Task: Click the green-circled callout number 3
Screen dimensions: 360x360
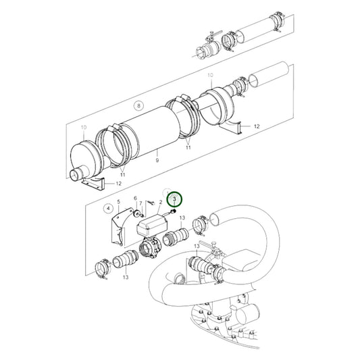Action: tap(176, 199)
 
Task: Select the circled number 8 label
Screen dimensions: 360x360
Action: tap(138, 106)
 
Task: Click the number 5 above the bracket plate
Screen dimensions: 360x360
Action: tap(119, 202)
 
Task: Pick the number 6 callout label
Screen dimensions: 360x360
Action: tap(135, 199)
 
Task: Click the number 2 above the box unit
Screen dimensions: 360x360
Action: tap(161, 211)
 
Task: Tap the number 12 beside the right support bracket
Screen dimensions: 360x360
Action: tap(256, 126)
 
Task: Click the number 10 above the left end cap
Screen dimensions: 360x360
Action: tap(84, 128)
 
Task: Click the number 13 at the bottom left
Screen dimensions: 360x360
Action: tap(125, 276)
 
